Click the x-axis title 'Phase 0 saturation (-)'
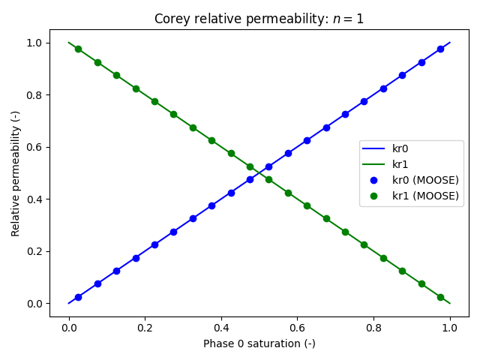click(259, 343)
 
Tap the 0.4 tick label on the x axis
click(221, 327)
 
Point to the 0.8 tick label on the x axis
click(373, 327)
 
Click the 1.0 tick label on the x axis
click(450, 327)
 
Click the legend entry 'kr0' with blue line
click(400, 148)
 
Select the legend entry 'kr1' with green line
click(400, 164)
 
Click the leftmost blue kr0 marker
click(78, 297)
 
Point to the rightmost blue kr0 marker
click(440, 49)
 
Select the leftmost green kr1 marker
click(78, 49)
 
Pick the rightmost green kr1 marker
click(440, 297)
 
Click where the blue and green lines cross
click(259, 173)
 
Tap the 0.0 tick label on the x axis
click(68, 327)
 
